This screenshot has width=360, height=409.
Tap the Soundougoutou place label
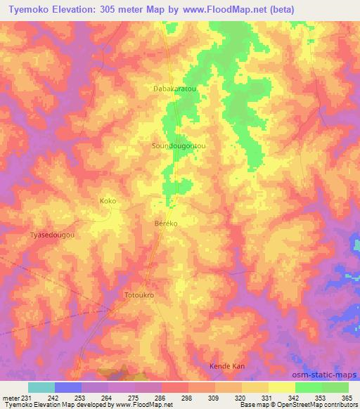click(x=179, y=145)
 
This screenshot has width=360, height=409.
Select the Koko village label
click(x=108, y=201)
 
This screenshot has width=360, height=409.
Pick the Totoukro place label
click(x=139, y=295)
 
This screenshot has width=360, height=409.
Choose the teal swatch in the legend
click(x=41, y=387)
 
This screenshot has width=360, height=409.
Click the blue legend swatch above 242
click(x=68, y=387)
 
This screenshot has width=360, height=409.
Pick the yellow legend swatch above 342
click(x=282, y=387)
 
